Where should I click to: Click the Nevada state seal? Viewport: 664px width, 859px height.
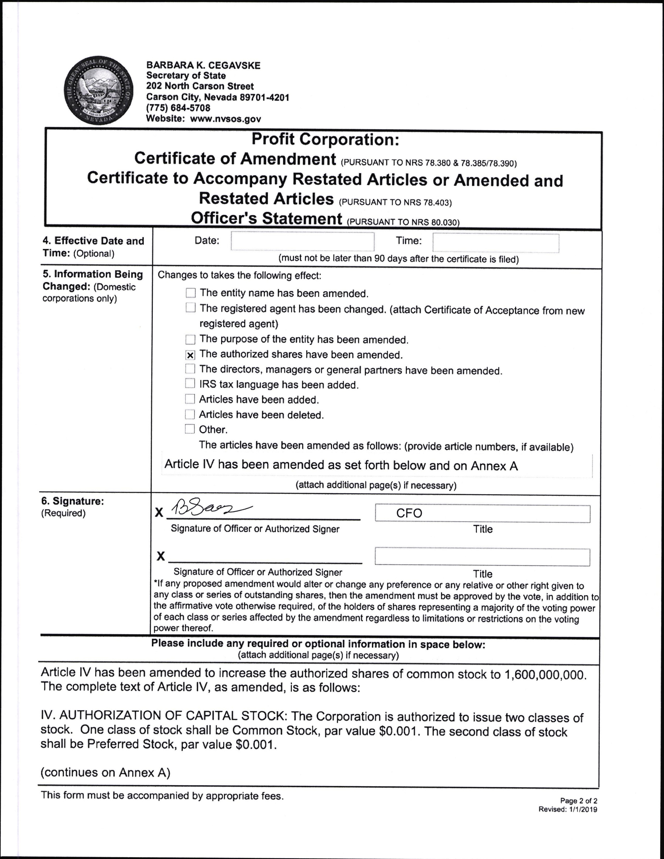[98, 91]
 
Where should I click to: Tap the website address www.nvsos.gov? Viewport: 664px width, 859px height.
[225, 119]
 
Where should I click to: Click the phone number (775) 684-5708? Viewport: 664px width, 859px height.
[178, 108]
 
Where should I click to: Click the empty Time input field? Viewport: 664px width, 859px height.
[496, 243]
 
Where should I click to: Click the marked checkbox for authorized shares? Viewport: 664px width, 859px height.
[190, 355]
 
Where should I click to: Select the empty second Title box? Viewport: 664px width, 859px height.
[482, 557]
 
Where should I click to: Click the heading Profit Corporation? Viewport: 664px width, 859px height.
[325, 139]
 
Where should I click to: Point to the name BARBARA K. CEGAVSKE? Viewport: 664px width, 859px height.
[203, 65]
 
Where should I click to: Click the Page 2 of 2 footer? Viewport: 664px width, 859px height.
[579, 801]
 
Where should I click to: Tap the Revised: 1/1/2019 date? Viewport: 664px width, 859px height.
[568, 810]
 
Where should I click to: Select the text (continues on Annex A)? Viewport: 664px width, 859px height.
[105, 773]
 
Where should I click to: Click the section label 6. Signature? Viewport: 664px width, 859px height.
[73, 501]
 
